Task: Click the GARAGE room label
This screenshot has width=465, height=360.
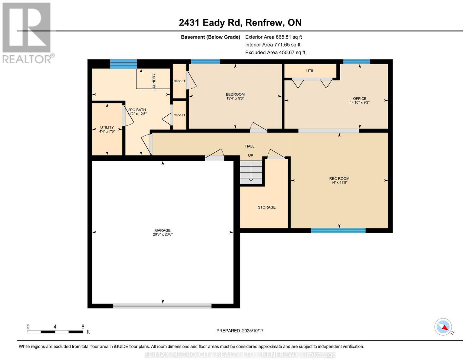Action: coord(163,230)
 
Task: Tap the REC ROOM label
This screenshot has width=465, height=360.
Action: coord(339,178)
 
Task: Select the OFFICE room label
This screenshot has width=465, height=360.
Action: coord(360,98)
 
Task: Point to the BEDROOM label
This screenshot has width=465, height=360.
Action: coord(235,94)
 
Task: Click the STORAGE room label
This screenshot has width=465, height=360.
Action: coord(267,207)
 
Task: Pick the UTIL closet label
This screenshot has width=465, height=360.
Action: coord(310,71)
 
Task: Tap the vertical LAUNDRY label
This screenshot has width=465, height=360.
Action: coord(154,82)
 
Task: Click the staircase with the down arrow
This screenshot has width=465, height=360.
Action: coord(251,172)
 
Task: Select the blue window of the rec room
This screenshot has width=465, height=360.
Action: coord(338,230)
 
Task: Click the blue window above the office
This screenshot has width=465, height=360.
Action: coord(357,62)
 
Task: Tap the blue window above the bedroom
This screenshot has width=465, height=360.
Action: coord(205,62)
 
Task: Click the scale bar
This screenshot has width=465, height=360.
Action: coord(55,332)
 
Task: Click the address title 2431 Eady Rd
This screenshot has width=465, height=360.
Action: coord(211,22)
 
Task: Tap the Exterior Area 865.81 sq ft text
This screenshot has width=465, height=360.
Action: coord(273,37)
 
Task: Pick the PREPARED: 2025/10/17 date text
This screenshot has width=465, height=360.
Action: coord(240,330)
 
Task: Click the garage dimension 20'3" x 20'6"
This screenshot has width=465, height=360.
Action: coord(163,234)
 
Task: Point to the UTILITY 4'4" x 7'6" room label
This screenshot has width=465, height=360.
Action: coord(107,129)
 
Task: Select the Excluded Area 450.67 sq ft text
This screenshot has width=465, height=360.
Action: coord(275,52)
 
